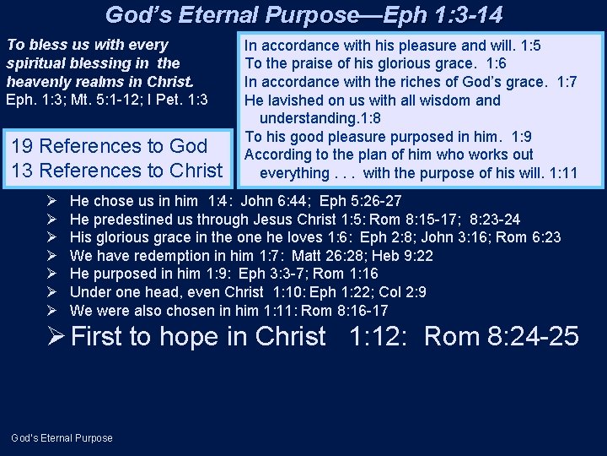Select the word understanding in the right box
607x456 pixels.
click(x=303, y=118)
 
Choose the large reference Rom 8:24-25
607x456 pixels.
click(x=502, y=337)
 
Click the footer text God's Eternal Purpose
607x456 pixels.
click(x=62, y=437)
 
